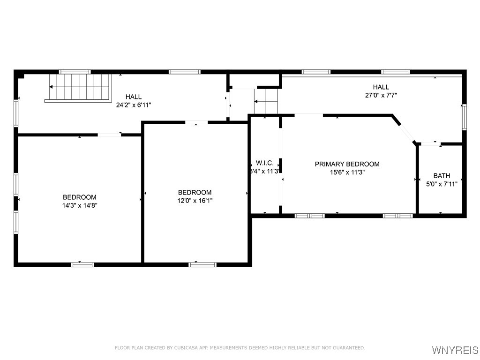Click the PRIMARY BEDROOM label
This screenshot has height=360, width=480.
coord(347,164)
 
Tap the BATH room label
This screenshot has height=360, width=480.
coord(442,176)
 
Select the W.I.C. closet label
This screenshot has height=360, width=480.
coord(265,163)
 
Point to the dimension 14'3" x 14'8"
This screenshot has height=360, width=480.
coord(80,205)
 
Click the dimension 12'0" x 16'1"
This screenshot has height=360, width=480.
coord(195,201)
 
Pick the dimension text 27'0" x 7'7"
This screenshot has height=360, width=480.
coord(381,95)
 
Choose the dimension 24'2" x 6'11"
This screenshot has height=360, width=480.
coord(134,105)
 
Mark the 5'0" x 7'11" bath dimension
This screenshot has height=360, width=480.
coord(442,184)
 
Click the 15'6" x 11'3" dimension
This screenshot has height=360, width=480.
coord(347,172)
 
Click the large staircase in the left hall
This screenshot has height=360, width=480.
coord(80,87)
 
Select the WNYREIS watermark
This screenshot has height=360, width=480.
coord(455,350)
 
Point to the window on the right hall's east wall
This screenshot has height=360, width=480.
coord(464,117)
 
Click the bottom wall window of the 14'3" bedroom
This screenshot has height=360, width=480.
coord(82,264)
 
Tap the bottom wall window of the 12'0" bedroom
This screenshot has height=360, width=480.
coord(202,264)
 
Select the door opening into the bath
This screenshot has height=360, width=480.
coord(430,143)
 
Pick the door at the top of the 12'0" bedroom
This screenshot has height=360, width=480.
coord(196,123)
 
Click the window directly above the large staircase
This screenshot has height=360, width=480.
coord(75,72)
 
